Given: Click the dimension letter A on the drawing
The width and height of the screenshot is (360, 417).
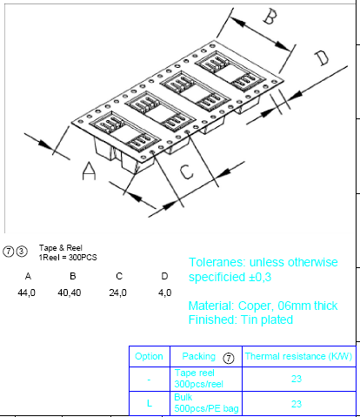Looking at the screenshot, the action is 89,172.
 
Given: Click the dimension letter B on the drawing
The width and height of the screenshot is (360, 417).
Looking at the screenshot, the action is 270,17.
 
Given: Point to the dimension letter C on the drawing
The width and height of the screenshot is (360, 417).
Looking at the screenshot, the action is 186,172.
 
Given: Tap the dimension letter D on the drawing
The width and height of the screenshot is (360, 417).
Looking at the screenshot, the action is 322,58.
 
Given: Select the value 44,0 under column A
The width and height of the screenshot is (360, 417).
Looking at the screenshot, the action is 26,293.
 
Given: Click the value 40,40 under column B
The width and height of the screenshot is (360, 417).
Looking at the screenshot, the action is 70,293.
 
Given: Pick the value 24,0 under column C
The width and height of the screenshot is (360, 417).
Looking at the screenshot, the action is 117,293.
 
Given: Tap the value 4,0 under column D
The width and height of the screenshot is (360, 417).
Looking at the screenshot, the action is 164,293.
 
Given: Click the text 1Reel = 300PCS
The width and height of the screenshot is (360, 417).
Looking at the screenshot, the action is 68,258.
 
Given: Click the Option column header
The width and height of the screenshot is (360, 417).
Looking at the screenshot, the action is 149,356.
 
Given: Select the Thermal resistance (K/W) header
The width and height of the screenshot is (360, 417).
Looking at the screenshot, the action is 298,356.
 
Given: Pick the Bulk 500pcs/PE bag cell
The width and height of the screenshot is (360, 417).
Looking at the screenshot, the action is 206,403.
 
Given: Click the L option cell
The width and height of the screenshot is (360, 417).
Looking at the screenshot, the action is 150,403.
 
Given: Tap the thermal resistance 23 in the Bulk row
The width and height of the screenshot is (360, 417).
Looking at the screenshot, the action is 297,404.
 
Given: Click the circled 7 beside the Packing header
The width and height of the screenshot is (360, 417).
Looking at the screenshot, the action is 229,358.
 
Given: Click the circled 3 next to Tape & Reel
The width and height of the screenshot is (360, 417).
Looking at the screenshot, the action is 22,251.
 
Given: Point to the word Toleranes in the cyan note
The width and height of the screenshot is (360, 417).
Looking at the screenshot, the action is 217,262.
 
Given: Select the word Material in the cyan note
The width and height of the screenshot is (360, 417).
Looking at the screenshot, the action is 211,306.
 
